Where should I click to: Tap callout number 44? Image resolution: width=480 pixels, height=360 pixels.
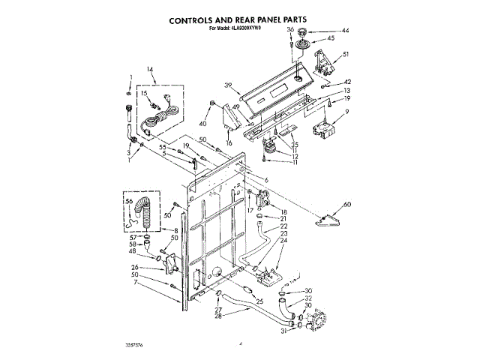pos(346,31)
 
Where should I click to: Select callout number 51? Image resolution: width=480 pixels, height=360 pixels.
pos(346,54)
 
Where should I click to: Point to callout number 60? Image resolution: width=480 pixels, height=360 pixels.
pos(346,205)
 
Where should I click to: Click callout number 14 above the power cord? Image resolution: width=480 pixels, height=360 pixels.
pos(150,70)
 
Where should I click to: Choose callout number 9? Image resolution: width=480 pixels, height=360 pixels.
pos(347,112)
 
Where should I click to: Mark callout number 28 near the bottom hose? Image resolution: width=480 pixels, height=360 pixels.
pos(219,316)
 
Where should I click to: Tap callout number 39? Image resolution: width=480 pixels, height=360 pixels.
pos(227,85)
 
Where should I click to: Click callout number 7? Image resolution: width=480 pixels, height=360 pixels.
pos(135,282)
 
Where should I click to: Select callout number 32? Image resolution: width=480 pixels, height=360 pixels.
pos(307,298)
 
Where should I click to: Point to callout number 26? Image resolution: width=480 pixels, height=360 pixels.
pos(135,266)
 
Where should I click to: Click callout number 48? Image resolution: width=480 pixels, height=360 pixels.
pos(132,251)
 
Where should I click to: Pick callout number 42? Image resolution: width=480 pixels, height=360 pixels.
pos(347,82)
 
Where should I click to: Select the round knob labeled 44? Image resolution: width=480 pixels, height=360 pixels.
pos(304,32)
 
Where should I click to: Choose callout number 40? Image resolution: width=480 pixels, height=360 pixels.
pos(202,123)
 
